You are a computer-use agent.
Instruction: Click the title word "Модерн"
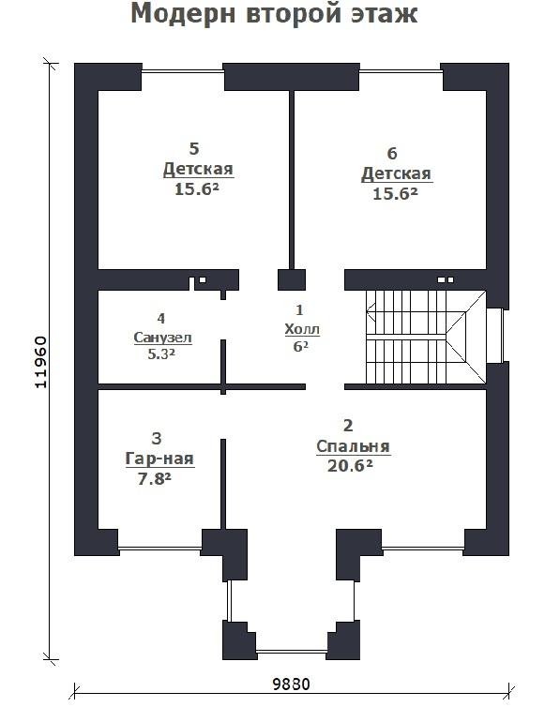click(x=183, y=14)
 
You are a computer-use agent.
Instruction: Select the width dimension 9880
click(x=292, y=684)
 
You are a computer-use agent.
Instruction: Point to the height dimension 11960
click(x=40, y=362)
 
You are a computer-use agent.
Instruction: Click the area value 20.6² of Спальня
click(x=350, y=466)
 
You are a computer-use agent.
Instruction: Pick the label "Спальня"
click(x=353, y=446)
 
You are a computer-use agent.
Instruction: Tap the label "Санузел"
click(x=163, y=338)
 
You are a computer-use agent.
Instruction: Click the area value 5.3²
click(x=161, y=354)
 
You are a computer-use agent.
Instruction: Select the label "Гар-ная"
click(x=159, y=459)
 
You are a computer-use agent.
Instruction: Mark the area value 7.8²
click(x=154, y=479)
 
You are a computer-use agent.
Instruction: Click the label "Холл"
click(x=302, y=330)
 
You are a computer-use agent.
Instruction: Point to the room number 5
click(x=194, y=148)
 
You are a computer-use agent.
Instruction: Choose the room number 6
click(x=392, y=153)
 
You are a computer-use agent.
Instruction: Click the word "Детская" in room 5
click(x=198, y=169)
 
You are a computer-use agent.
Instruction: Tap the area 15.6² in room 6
click(x=395, y=194)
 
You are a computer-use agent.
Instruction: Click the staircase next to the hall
click(x=426, y=337)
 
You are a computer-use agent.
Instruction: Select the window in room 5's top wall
click(x=183, y=70)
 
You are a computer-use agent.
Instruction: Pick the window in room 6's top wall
click(x=400, y=70)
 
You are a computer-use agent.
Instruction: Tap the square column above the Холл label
click(x=292, y=279)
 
